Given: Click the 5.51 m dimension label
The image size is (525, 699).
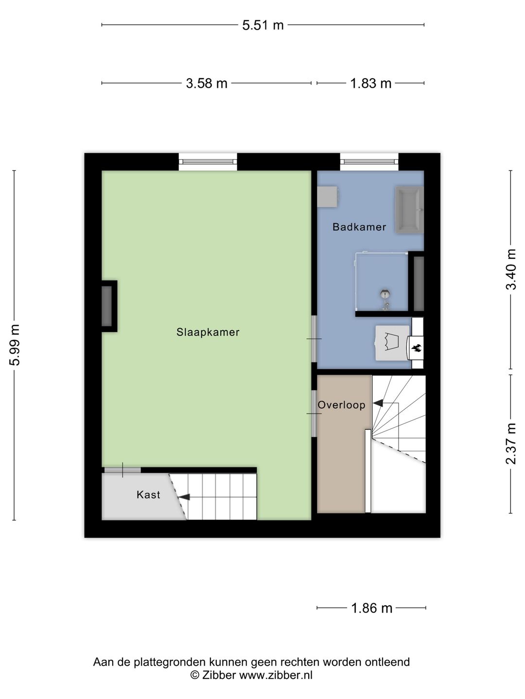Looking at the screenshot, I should pos(262,25).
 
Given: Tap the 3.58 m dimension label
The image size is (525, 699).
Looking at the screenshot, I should pos(207,83).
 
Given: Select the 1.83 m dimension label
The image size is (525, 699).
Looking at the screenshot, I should pos(370,83).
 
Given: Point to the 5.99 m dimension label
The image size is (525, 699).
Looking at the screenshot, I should pos(15,345).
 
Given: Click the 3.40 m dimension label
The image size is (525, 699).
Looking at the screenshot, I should pos(511,269).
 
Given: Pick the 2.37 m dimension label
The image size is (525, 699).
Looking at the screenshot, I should pos(511,444).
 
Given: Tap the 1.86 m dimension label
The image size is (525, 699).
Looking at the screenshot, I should pos(371,608).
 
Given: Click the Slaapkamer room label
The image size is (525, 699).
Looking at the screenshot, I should pos(208,333).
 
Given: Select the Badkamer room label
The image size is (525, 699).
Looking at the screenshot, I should pos(359,227).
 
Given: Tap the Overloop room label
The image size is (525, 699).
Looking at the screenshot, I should pos(341,405).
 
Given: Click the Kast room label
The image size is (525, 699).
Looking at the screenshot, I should pos(148,495).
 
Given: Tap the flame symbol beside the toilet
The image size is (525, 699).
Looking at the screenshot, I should pos(416,348).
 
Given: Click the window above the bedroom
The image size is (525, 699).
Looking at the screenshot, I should pos(208,162).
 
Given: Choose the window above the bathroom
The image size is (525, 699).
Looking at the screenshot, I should pos(369,162).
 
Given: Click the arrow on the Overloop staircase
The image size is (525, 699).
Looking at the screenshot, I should pos(378,403).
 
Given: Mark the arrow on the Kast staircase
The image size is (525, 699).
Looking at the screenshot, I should pos(184,497).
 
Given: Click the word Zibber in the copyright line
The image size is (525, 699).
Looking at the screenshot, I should pos(219,675).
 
